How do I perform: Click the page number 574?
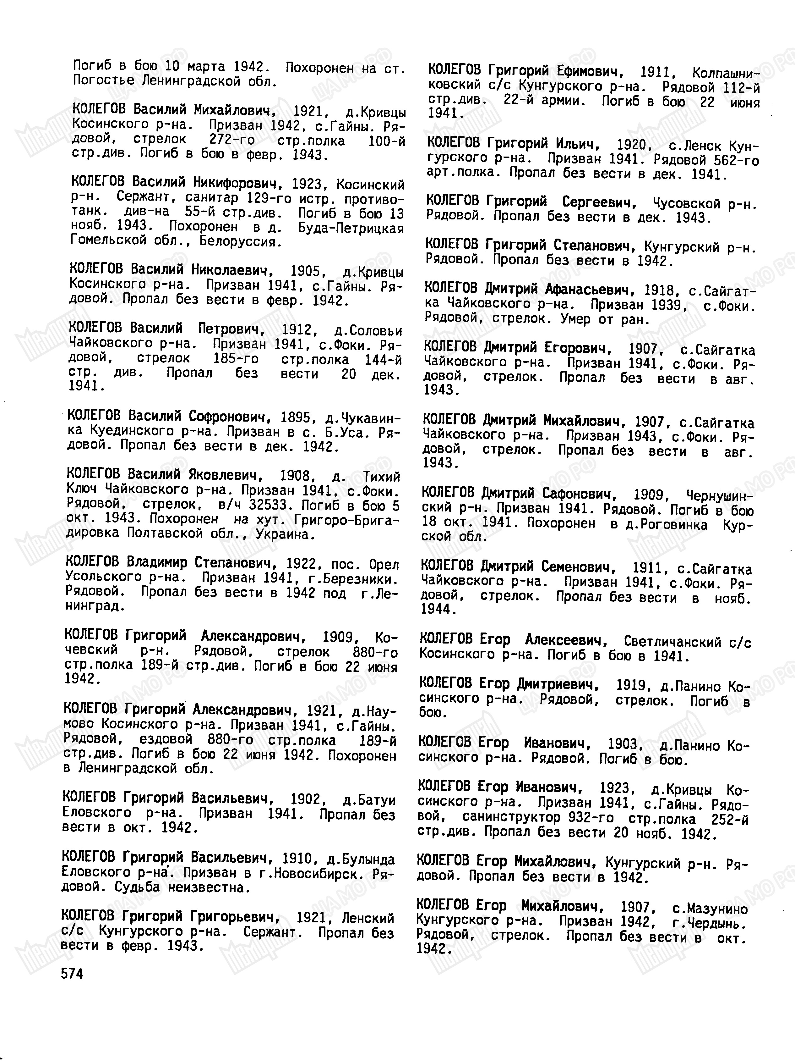(x=72, y=974)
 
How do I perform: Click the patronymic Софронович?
(x=228, y=415)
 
